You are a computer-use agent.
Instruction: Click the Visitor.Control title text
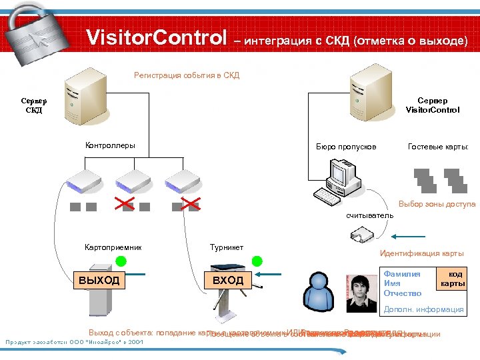point(157,39)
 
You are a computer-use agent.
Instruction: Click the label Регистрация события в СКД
point(187,75)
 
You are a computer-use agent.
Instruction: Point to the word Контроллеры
point(110,145)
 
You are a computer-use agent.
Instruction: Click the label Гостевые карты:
point(438,146)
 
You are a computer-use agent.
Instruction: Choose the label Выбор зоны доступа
point(437,204)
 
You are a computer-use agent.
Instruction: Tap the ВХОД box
point(228,281)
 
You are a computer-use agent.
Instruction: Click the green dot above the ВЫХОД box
point(121,260)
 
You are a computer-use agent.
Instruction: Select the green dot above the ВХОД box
point(257,260)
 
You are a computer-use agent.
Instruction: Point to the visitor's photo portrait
point(362,287)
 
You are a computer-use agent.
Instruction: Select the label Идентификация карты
point(421,253)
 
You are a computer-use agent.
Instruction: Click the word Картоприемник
point(113,247)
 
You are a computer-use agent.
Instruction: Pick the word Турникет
point(227,247)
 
